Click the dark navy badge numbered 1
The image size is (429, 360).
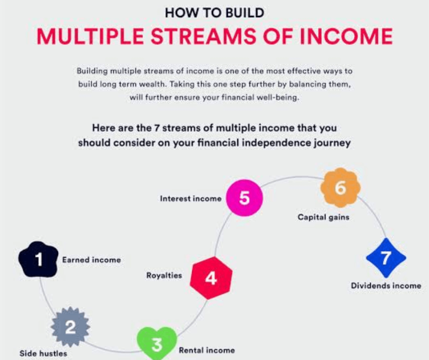[x=38, y=259]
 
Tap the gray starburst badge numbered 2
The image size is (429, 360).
[x=70, y=327]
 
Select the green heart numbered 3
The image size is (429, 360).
[x=157, y=344]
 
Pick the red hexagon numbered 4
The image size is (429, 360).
[x=211, y=278]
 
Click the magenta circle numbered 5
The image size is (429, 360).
[x=244, y=198]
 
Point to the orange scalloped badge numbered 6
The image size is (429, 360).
[x=340, y=188]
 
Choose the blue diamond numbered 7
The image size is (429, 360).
[x=386, y=258]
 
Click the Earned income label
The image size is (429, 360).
[x=91, y=260]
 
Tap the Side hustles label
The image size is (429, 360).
[x=43, y=354]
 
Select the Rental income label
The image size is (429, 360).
[x=207, y=350]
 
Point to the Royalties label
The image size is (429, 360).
[x=164, y=275]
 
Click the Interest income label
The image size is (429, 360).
[x=191, y=198]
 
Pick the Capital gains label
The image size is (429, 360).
[x=324, y=217]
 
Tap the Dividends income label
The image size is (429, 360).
[x=386, y=286]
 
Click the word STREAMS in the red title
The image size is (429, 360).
[x=204, y=36]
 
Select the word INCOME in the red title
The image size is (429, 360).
[x=346, y=36]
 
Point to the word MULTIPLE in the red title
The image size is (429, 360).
[x=90, y=36]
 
